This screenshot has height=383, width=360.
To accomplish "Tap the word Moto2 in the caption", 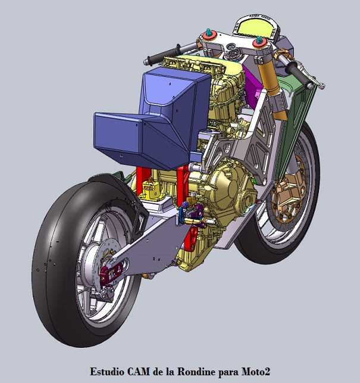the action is [x=256, y=372].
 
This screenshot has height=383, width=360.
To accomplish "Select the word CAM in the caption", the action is [x=139, y=372].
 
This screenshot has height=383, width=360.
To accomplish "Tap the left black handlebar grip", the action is [x=163, y=54].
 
